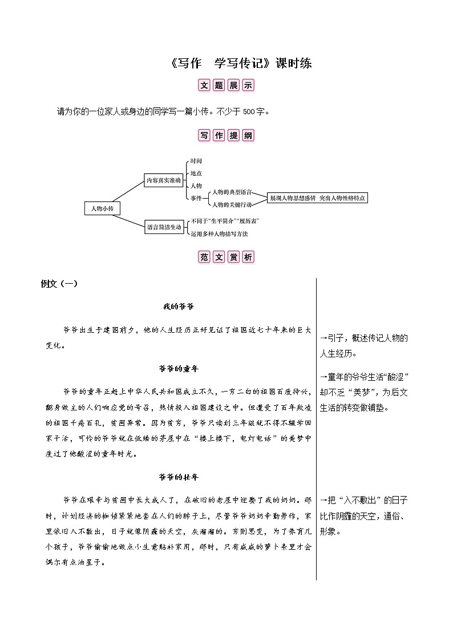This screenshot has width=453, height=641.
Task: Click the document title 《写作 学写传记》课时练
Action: (241, 63)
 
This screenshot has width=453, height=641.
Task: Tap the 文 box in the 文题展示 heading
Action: (204, 85)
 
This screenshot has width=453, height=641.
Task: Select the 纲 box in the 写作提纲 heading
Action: (248, 136)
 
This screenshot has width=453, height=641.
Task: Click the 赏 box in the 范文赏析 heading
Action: (233, 257)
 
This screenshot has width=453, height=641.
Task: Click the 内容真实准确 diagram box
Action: (163, 180)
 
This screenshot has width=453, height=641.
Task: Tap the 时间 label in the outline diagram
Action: (196, 161)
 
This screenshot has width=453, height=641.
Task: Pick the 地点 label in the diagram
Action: (196, 173)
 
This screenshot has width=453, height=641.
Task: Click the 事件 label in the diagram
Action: (196, 197)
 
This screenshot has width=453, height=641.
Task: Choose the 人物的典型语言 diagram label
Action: (232, 192)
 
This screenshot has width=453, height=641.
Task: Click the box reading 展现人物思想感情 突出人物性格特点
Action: (317, 197)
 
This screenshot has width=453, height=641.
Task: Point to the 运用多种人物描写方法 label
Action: (220, 233)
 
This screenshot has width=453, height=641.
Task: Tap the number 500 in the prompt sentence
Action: (249, 111)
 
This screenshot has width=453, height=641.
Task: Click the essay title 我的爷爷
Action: (179, 307)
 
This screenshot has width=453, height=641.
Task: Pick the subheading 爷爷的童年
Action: (179, 368)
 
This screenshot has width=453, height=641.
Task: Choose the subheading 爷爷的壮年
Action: (179, 477)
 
